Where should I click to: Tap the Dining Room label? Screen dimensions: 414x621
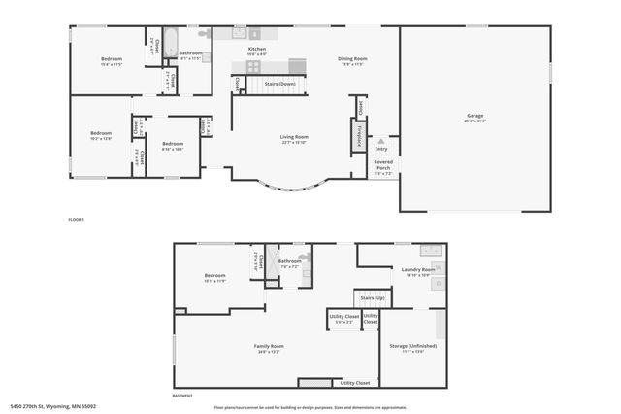tap(350, 60)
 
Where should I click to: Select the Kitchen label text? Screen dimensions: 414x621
tap(256, 50)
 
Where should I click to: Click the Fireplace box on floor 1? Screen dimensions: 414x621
tap(358, 137)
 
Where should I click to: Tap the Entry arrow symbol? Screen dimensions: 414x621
tap(380, 142)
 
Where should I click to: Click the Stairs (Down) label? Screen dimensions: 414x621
tap(279, 85)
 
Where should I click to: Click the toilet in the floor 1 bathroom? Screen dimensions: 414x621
tap(202, 33)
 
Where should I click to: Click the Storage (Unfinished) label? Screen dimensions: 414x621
tap(412, 347)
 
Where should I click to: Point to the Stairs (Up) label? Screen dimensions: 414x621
tap(373, 297)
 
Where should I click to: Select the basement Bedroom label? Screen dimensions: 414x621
tap(214, 277)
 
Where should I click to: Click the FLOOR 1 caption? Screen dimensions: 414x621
tap(77, 220)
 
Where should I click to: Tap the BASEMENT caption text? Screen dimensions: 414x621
tap(181, 396)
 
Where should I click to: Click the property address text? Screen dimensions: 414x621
tap(53, 406)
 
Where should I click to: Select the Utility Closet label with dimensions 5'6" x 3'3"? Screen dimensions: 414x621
tap(343, 318)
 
